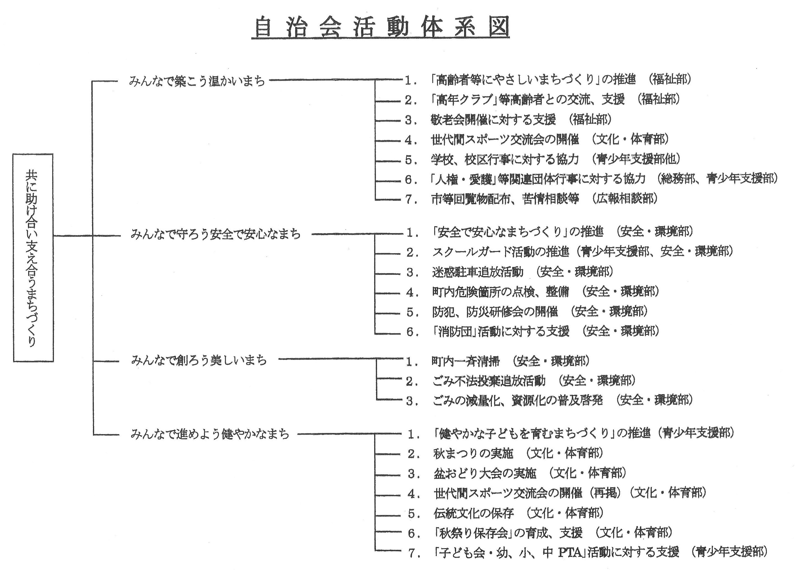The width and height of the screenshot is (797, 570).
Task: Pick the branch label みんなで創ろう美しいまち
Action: click(199, 360)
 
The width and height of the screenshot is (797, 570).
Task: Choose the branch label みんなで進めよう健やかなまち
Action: click(210, 434)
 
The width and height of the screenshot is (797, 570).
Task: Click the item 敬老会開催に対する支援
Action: click(493, 120)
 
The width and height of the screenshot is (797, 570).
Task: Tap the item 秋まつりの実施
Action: click(473, 453)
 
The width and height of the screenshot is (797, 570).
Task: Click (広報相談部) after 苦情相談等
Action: click(624, 199)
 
